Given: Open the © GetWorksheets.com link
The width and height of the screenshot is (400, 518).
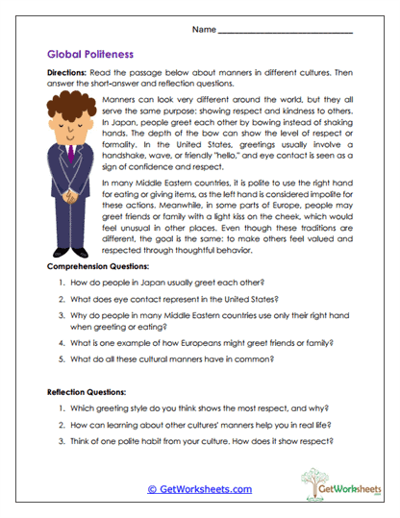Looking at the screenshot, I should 199,489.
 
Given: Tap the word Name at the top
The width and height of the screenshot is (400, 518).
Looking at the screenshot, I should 205,30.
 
